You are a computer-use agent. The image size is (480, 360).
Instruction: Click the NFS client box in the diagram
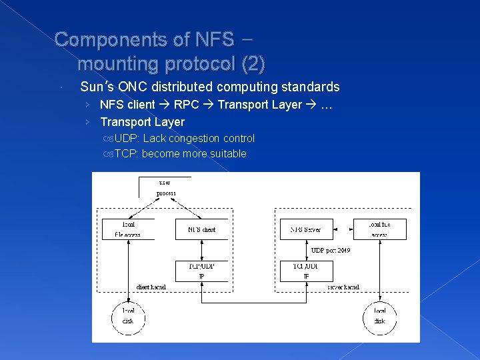point(201,229)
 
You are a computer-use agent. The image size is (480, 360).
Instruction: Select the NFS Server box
point(306,229)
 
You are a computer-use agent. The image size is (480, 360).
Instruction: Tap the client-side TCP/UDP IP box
point(201,271)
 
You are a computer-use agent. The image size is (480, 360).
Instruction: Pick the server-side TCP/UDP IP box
point(306,271)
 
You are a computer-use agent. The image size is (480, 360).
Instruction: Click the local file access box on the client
point(128,229)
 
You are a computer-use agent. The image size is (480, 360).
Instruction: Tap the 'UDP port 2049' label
point(331,251)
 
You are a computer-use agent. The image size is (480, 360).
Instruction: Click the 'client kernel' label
point(151,287)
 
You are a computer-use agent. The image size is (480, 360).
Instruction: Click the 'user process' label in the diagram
point(165,187)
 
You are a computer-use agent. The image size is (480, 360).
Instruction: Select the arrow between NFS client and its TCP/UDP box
point(201,250)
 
